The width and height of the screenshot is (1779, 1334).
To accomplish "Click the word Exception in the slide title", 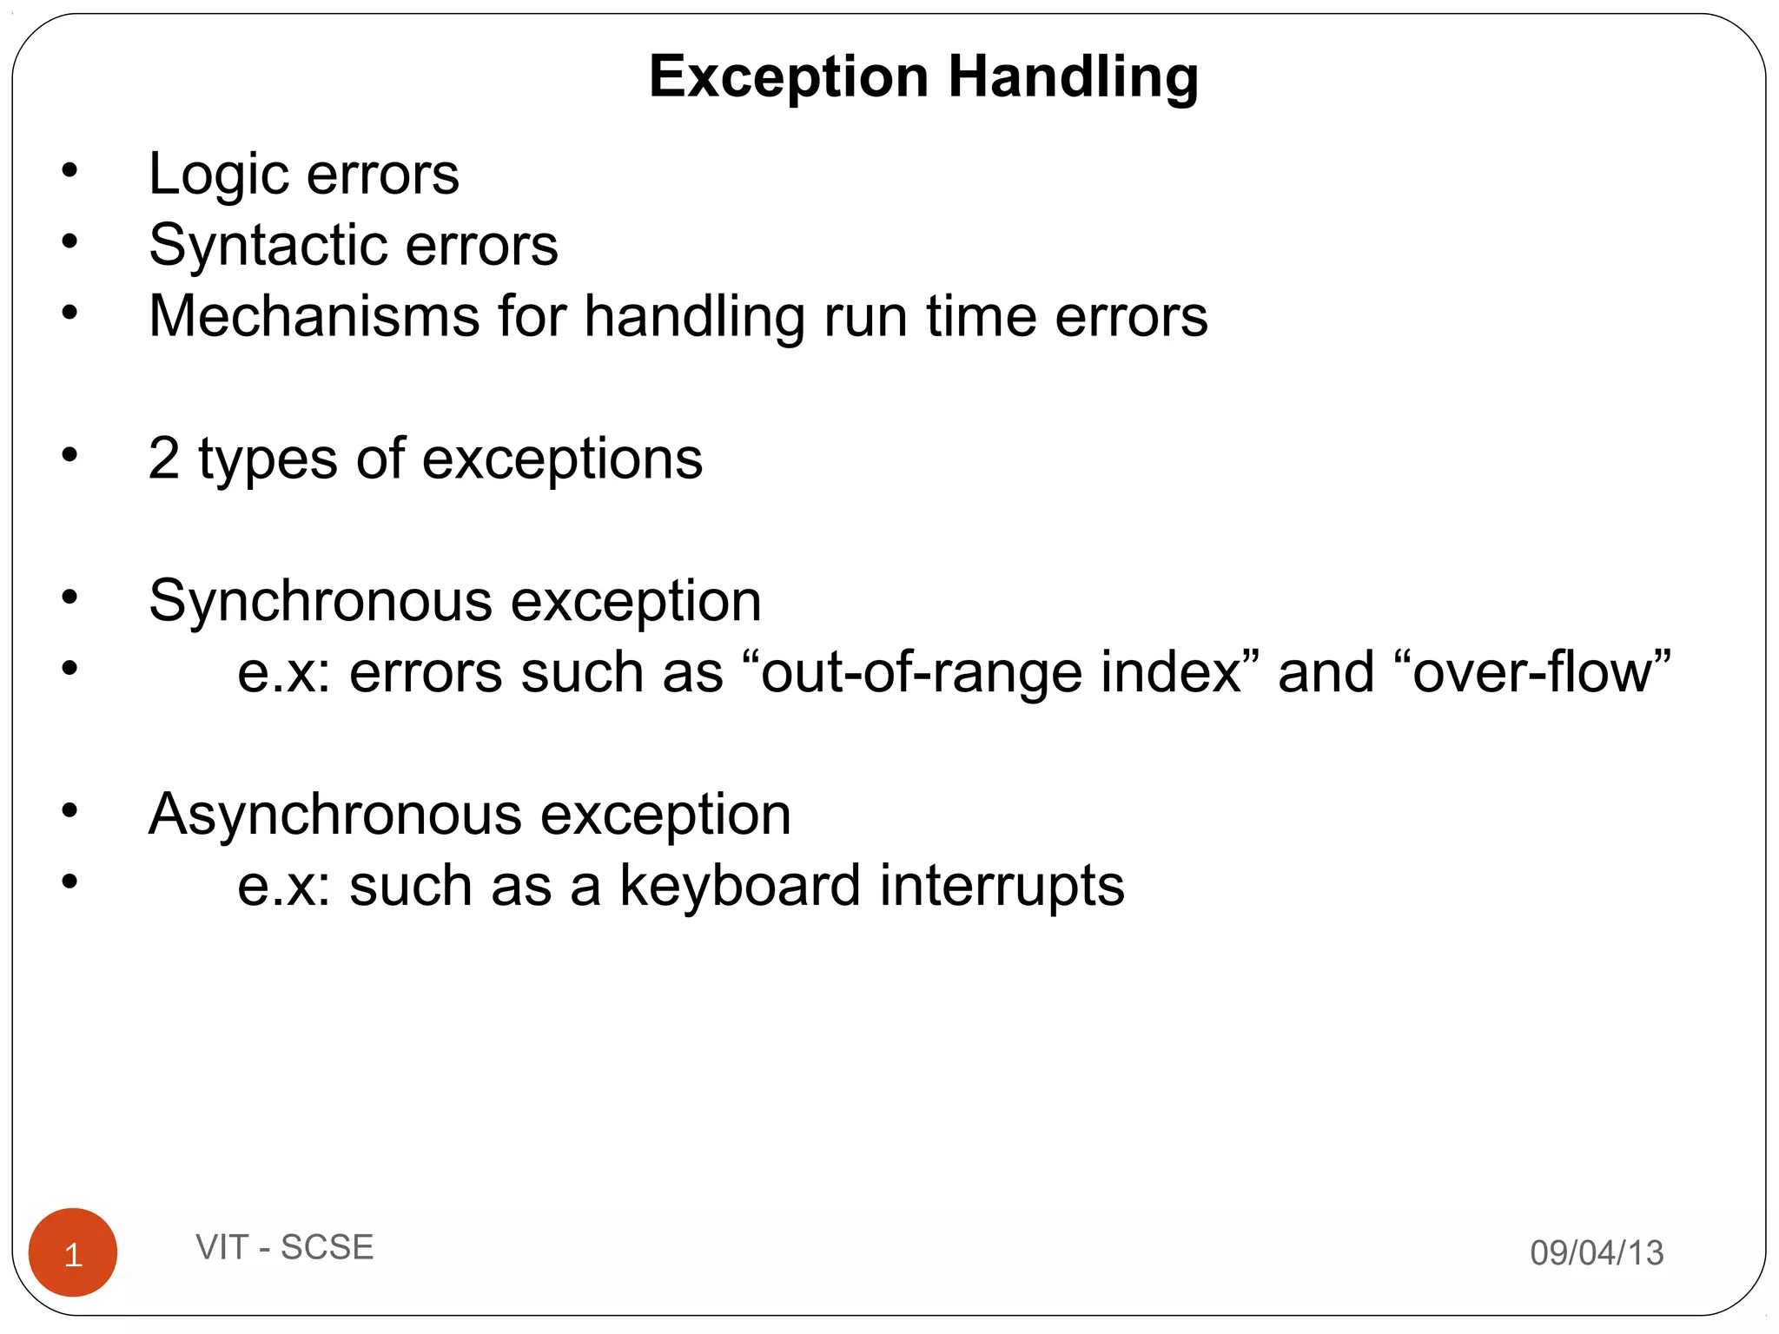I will pyautogui.click(x=789, y=77).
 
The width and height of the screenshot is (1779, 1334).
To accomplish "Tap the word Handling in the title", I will pyautogui.click(x=1073, y=77).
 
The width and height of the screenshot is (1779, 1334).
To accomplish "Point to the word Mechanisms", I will pyautogui.click(x=314, y=316).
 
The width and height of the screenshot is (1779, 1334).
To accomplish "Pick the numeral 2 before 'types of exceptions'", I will pyautogui.click(x=163, y=459).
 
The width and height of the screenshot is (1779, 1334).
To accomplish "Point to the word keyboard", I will pyautogui.click(x=739, y=886).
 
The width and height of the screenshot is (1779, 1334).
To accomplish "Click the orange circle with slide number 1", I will pyautogui.click(x=73, y=1252).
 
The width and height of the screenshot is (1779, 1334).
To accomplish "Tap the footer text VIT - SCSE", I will pyautogui.click(x=284, y=1247).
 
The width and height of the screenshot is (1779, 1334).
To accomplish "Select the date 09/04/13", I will pyautogui.click(x=1597, y=1252).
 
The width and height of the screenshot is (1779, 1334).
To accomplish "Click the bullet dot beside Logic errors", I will pyautogui.click(x=69, y=170).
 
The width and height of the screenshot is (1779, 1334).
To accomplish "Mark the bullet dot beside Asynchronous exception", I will pyautogui.click(x=69, y=810).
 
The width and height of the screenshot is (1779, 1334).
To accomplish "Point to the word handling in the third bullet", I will pyautogui.click(x=694, y=316).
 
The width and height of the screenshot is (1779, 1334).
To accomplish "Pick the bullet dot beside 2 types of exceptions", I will pyautogui.click(x=69, y=454).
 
